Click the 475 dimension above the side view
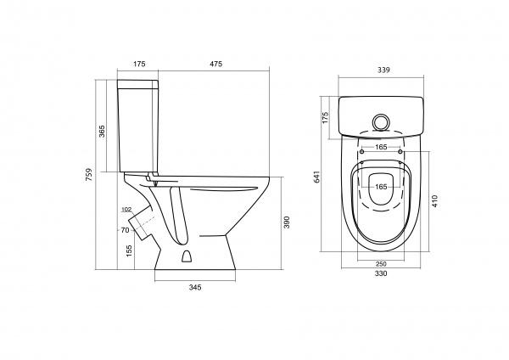coord(215,64)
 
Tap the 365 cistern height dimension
coord(102,132)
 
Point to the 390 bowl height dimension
coord(287,222)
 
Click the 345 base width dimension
coord(195,287)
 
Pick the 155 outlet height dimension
coord(129,251)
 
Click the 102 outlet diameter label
coord(126,210)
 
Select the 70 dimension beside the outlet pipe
coord(125,230)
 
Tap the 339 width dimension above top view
coord(383,70)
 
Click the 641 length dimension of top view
coord(317,177)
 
